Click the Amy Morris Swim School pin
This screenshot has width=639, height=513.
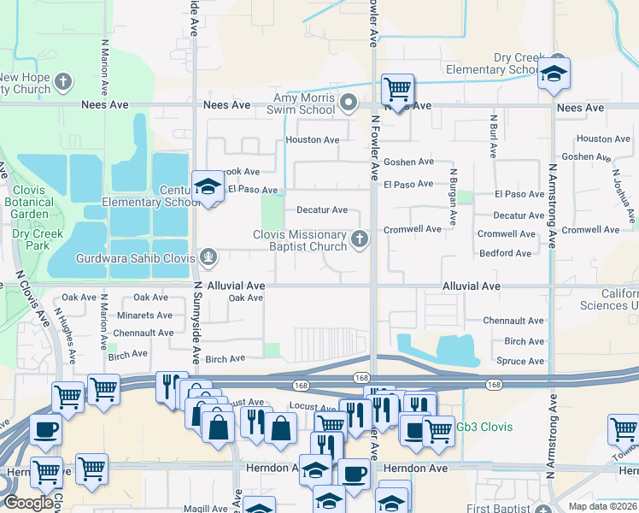click(348, 103)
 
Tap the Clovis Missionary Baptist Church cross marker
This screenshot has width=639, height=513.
click(360, 239)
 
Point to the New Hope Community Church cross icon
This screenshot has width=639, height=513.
click(62, 83)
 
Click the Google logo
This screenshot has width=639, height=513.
click(27, 503)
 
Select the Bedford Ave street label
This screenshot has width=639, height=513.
click(506, 253)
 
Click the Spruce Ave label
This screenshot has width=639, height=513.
click(520, 361)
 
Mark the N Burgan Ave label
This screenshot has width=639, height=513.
click(454, 189)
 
